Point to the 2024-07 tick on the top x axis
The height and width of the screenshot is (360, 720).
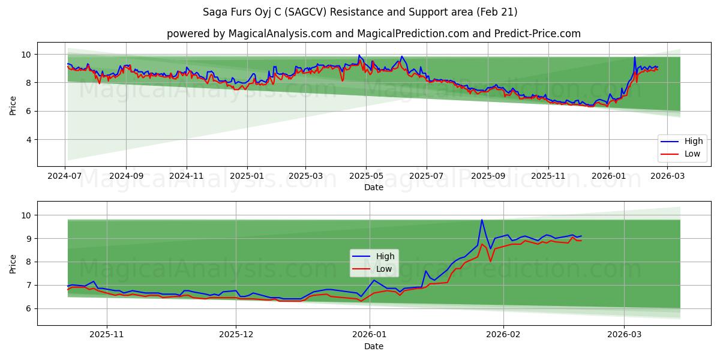pos(65,176)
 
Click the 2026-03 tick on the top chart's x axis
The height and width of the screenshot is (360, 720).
pos(667,176)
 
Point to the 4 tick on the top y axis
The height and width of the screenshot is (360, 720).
pos(28,140)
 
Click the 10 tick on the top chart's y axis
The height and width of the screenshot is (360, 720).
pos(25,55)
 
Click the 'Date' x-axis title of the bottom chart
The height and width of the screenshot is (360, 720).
pos(373,346)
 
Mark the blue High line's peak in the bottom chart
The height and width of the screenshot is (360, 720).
pos(482,220)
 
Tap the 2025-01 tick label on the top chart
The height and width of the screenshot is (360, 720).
pos(247,176)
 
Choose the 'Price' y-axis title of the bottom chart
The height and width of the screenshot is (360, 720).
pos(13,263)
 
